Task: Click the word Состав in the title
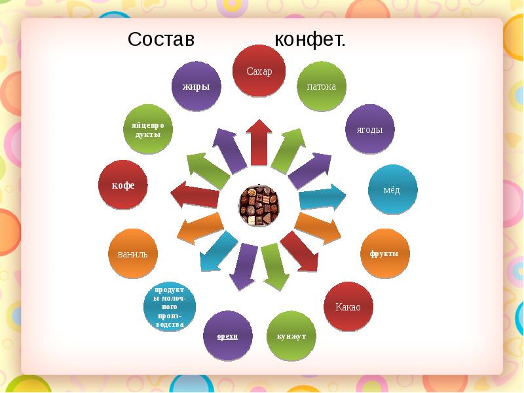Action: coord(160,39)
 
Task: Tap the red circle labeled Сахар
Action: coord(259,71)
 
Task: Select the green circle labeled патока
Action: coord(322,86)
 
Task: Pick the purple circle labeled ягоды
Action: coord(369,129)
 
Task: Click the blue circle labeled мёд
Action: coord(392,189)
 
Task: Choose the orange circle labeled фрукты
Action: coord(384,253)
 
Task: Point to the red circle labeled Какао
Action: coord(348,307)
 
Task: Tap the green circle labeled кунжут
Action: coord(291,336)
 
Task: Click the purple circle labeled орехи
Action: coord(227,336)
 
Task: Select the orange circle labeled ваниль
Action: coord(133,253)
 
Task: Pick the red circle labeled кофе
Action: coord(123,185)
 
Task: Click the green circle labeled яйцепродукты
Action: coord(148,129)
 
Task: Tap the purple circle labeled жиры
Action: coord(196,86)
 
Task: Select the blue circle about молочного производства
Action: coord(170,307)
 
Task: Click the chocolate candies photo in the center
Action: coord(258,205)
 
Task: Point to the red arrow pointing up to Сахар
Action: coord(259,143)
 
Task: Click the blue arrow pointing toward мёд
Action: coord(322,198)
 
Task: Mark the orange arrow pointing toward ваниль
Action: coord(200,228)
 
